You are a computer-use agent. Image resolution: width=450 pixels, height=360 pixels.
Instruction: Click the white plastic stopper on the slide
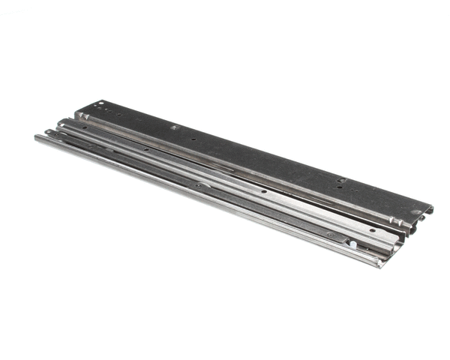pos(351,243)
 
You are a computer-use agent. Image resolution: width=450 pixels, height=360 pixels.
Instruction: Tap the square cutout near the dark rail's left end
pos(175,127)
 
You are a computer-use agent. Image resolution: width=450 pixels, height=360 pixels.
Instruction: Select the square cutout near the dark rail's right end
pos(340,180)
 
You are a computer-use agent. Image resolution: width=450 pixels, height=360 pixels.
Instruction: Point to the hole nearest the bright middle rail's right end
pos(367,222)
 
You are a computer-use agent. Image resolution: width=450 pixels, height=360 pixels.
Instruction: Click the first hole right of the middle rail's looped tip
pos(85,127)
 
